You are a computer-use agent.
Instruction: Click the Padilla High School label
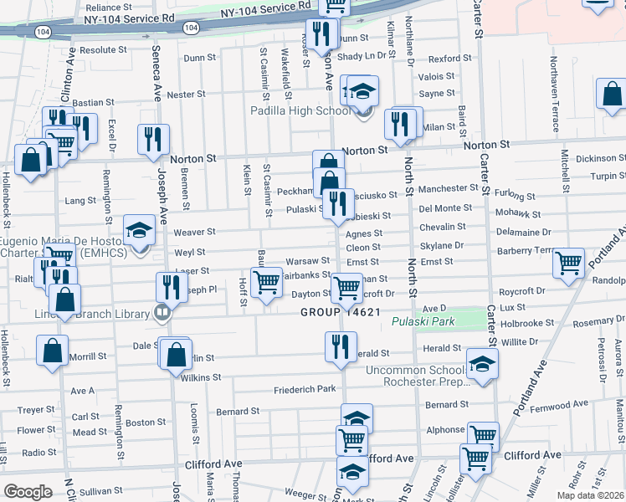click(300, 110)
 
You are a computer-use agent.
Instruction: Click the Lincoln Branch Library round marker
click(162, 315)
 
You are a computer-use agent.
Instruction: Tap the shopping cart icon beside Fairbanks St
click(266, 282)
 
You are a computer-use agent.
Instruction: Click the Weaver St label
click(194, 232)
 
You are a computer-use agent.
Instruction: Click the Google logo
click(28, 492)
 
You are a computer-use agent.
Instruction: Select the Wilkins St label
click(200, 377)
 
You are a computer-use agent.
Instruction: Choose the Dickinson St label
click(600, 158)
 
